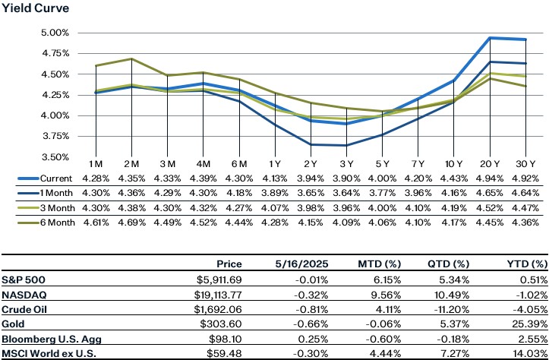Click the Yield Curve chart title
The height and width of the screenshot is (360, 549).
35,8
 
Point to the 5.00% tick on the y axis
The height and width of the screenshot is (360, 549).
54,33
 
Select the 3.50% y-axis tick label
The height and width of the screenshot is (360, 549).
54,157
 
